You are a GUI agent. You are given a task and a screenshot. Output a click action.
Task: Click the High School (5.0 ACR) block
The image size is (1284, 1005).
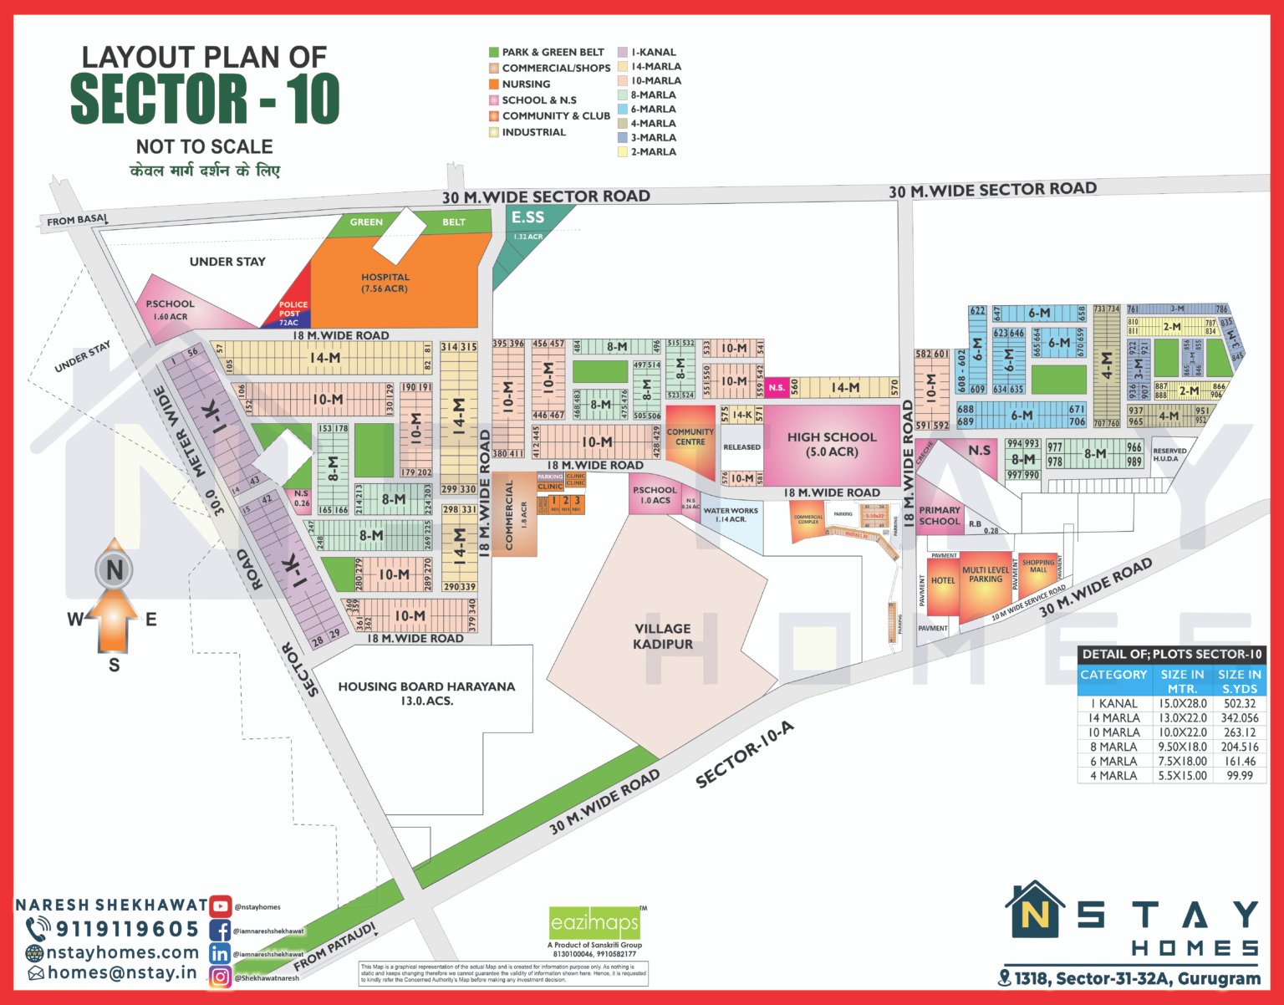click(831, 444)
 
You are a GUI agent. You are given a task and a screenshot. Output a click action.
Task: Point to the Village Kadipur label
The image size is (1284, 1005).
click(662, 635)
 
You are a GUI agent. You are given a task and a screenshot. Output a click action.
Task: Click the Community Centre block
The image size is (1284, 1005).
click(690, 437)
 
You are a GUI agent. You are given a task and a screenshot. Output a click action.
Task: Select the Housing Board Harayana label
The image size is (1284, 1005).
click(426, 692)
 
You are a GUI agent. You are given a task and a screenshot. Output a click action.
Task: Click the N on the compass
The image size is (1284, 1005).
click(115, 570)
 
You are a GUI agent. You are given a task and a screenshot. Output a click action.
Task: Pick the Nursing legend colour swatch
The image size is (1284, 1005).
click(494, 84)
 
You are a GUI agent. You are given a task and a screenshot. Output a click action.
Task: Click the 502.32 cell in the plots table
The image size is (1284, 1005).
click(1240, 703)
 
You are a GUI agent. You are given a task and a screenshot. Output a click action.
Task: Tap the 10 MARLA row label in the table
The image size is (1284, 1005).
click(1113, 732)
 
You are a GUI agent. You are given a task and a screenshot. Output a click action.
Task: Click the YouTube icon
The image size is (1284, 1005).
click(220, 906)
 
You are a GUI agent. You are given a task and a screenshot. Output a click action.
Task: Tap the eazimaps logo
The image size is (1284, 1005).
click(594, 924)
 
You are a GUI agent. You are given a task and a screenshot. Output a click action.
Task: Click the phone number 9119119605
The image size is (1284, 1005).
click(127, 929)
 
